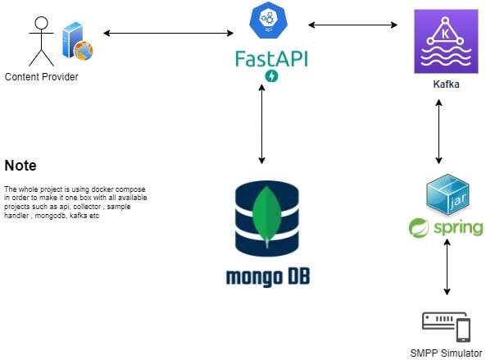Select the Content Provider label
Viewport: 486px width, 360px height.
pyautogui.click(x=42, y=77)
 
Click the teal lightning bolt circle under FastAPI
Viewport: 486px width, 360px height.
pyautogui.click(x=271, y=76)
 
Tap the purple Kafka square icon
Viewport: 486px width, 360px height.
pyautogui.click(x=445, y=45)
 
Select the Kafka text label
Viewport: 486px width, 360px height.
pyautogui.click(x=445, y=84)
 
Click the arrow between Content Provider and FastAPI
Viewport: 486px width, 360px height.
pyautogui.click(x=169, y=33)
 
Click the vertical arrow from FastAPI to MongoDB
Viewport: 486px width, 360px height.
pyautogui.click(x=261, y=123)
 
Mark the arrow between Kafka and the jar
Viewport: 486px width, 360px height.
pyautogui.click(x=441, y=131)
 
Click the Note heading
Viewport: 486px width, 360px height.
pyautogui.click(x=20, y=166)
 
